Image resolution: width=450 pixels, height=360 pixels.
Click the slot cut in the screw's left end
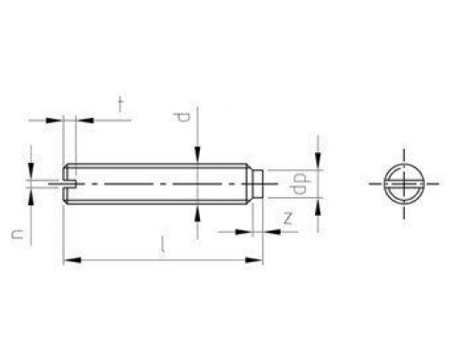click(x=71, y=184)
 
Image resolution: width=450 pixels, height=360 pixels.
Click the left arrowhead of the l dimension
click(x=69, y=261)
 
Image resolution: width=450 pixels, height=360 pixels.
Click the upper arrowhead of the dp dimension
click(x=319, y=164)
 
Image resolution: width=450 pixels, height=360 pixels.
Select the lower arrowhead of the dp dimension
click(x=319, y=203)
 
